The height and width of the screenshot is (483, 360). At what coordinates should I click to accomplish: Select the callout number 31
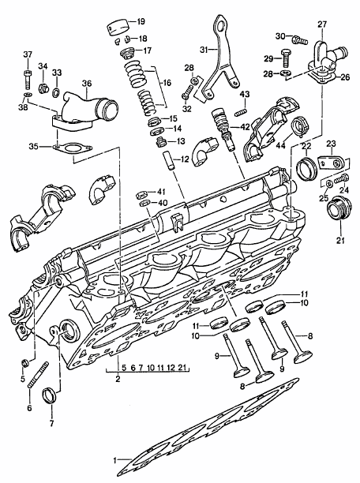coord(204,50)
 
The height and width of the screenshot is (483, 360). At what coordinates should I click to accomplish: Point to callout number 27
coord(322,24)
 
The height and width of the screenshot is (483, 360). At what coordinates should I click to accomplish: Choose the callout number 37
coord(29,54)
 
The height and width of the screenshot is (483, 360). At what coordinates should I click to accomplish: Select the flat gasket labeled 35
coord(73,148)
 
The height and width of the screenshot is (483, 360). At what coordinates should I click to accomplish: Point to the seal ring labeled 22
coord(304,167)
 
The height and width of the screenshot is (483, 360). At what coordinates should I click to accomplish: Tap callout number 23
coord(332,143)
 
